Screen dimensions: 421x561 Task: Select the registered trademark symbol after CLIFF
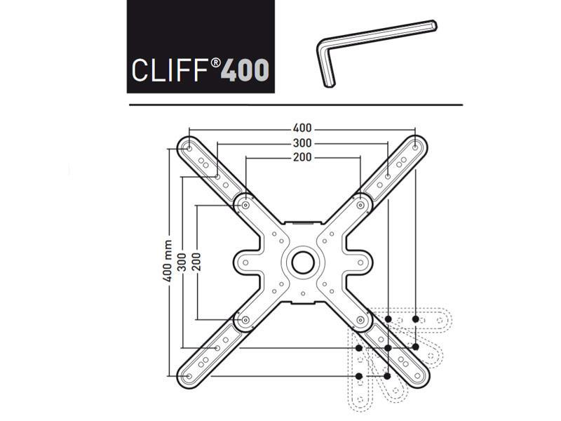[x=217, y=62]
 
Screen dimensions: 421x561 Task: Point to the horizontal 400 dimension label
[x=302, y=128]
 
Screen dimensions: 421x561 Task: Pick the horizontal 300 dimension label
[x=302, y=143]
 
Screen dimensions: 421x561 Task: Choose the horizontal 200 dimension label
[x=302, y=157]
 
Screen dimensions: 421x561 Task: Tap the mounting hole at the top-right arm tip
[x=416, y=146]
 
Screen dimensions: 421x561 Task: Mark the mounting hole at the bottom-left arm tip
[x=188, y=376]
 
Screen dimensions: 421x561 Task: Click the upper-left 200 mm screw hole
[x=245, y=205]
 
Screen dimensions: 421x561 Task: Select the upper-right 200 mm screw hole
[x=360, y=205]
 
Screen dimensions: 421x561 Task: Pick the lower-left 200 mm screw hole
[x=245, y=319]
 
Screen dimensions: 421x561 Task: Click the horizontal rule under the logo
[x=295, y=105]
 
